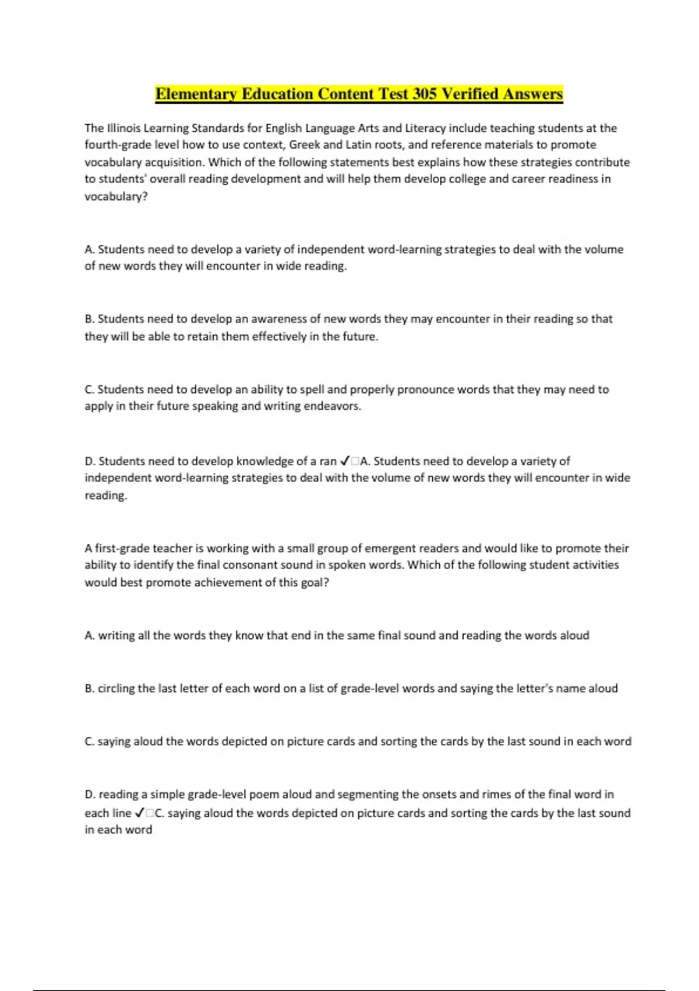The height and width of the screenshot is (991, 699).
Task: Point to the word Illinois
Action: pyautogui.click(x=124, y=128)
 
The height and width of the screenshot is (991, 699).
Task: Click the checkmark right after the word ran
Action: pyautogui.click(x=344, y=461)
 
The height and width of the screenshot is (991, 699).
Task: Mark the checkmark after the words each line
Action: pyautogui.click(x=140, y=813)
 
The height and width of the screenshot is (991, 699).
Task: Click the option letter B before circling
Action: pyautogui.click(x=89, y=688)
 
